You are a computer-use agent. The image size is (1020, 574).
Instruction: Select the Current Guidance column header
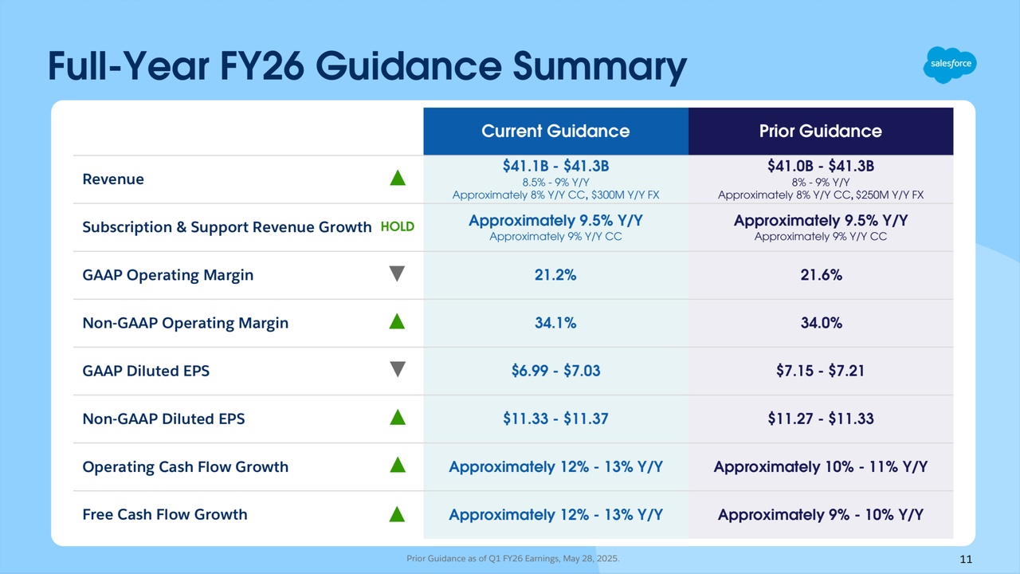tap(555, 131)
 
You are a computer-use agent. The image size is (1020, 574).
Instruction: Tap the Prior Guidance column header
tap(820, 131)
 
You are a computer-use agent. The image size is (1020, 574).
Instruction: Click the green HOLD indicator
tap(397, 226)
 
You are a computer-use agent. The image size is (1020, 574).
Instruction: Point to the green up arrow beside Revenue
tap(398, 179)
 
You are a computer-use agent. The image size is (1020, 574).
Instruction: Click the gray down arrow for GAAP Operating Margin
tap(398, 274)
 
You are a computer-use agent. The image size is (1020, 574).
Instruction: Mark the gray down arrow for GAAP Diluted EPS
tap(398, 370)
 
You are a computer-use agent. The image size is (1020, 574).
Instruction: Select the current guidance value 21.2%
tap(555, 275)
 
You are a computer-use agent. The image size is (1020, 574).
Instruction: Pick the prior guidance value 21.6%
tap(820, 275)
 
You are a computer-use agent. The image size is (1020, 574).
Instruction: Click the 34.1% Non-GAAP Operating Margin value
tap(555, 323)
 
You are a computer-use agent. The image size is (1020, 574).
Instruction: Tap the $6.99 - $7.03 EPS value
tap(555, 371)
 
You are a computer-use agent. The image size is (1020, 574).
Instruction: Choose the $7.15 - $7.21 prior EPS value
tap(820, 371)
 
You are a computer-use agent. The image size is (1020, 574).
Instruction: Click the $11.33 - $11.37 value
tap(555, 419)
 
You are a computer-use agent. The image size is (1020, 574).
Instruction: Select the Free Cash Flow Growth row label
tap(165, 514)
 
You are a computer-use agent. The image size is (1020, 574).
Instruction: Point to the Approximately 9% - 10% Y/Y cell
tap(820, 514)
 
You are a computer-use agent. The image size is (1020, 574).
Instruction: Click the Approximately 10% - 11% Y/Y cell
tap(820, 466)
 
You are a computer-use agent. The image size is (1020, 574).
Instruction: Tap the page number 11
tap(965, 560)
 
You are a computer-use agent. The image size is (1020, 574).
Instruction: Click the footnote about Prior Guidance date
tap(512, 559)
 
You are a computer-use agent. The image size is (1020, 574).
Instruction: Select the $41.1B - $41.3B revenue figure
tap(555, 166)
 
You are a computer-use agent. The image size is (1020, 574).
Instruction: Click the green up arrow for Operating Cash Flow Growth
tap(398, 466)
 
